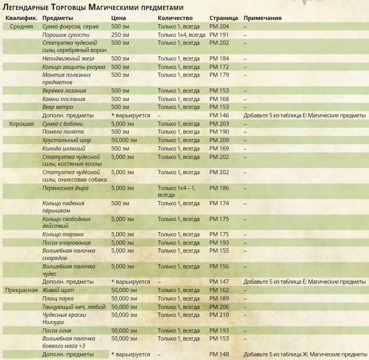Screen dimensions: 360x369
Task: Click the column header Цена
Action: click(x=118, y=18)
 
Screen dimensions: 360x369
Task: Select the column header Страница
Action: click(x=223, y=18)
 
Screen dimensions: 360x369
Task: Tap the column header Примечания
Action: click(x=262, y=18)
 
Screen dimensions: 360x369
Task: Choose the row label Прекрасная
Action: click(x=21, y=290)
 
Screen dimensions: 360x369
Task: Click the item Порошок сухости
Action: click(x=66, y=35)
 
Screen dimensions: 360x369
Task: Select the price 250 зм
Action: click(x=120, y=35)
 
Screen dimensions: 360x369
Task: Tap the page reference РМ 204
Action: click(x=219, y=26)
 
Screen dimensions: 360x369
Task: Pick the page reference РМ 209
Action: click(x=219, y=141)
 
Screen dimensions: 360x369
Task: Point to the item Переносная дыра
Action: click(x=66, y=188)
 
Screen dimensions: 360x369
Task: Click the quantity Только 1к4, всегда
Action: click(x=181, y=35)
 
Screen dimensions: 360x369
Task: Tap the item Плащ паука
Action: click(x=58, y=298)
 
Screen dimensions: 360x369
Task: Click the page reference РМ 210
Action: click(x=219, y=315)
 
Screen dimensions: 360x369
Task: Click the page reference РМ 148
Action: click(x=219, y=354)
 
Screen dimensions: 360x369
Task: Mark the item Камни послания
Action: click(x=64, y=99)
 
